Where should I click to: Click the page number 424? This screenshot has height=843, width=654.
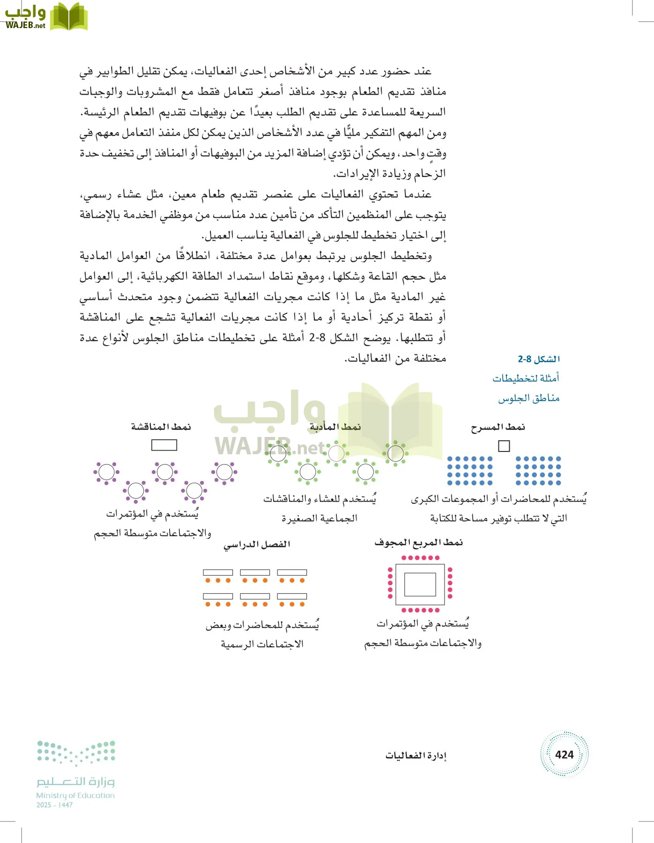(564, 754)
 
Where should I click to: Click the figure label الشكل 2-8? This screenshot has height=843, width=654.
(539, 359)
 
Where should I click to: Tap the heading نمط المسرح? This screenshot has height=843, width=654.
(498, 427)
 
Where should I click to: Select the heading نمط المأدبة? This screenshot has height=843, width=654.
(335, 427)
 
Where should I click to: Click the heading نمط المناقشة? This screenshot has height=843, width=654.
(161, 427)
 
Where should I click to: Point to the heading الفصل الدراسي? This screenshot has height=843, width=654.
(257, 544)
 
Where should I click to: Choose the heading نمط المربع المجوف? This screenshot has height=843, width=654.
(418, 542)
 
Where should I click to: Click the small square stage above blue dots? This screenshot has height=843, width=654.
(504, 446)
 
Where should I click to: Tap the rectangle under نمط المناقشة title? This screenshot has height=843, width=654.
(164, 445)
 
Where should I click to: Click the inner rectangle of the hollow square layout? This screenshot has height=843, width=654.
(420, 584)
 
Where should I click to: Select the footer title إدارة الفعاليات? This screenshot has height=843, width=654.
(416, 755)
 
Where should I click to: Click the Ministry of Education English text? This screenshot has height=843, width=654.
(75, 795)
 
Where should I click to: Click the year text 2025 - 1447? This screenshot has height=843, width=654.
(54, 805)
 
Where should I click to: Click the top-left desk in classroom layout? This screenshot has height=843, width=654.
(218, 572)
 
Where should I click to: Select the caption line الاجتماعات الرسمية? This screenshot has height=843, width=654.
(262, 644)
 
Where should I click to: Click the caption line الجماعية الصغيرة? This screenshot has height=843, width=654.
(320, 518)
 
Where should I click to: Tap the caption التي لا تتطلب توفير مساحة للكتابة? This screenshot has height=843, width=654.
(498, 518)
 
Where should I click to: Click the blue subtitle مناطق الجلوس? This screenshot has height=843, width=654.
(529, 398)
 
